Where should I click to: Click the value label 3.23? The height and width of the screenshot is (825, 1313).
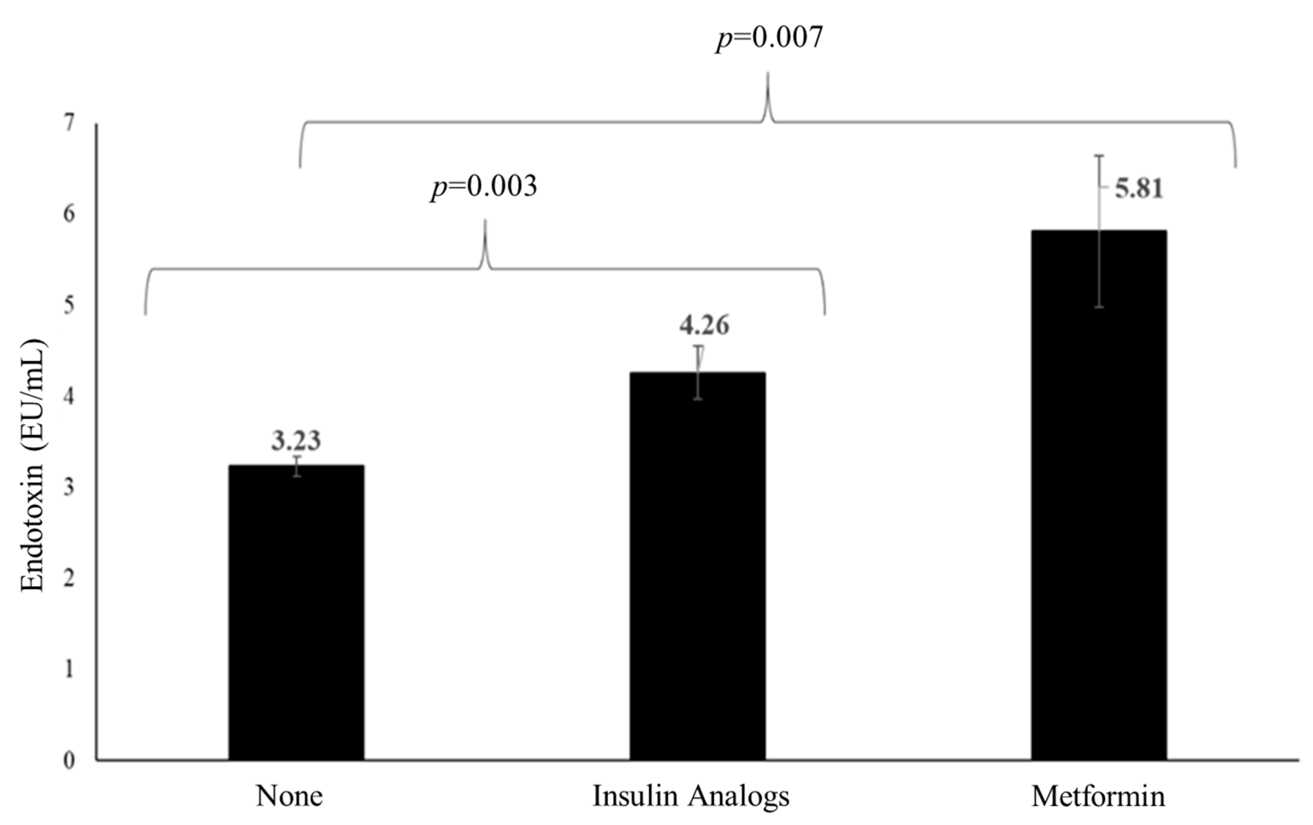(x=296, y=440)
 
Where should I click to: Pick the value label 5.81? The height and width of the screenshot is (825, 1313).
(x=1139, y=189)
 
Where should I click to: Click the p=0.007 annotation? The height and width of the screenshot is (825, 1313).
(x=769, y=38)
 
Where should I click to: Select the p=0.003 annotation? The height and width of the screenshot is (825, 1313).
(x=484, y=187)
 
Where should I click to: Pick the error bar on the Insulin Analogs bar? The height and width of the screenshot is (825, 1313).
(x=698, y=372)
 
